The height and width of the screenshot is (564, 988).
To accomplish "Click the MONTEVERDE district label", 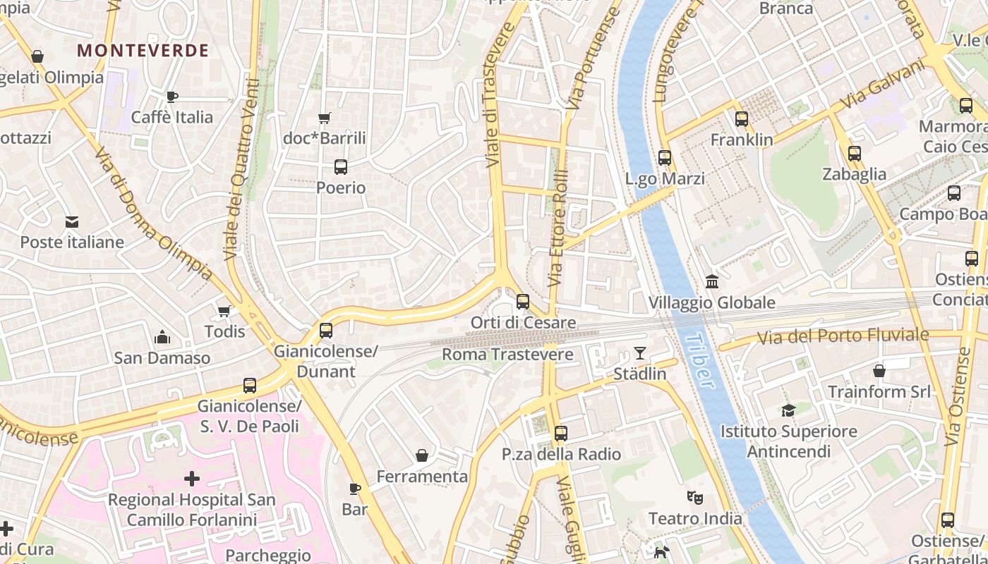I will (143, 51).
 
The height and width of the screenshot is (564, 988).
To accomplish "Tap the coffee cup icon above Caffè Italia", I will (171, 97).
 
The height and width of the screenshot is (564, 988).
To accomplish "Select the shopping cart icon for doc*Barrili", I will (325, 118).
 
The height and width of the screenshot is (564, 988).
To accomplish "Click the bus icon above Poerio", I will (341, 167).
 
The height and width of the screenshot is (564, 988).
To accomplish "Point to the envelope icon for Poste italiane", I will (72, 222).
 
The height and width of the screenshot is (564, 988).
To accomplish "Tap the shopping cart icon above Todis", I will (224, 311).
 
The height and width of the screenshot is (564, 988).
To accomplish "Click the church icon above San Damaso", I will (162, 337).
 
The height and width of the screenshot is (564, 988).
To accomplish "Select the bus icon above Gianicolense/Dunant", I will (326, 330).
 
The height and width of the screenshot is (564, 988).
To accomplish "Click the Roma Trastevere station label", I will (507, 354).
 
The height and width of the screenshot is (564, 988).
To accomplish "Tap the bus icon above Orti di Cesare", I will (523, 302).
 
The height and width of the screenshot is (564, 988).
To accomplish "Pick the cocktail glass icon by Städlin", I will (640, 353).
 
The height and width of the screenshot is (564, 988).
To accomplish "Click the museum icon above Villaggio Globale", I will (712, 282).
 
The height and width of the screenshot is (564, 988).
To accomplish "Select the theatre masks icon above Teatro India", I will (695, 498).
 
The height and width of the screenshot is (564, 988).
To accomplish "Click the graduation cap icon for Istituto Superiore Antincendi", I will (788, 410).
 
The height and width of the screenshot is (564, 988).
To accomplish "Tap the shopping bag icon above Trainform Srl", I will (879, 370).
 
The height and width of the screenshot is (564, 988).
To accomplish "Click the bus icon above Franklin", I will (742, 119).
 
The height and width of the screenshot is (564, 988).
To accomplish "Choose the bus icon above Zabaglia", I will (855, 154).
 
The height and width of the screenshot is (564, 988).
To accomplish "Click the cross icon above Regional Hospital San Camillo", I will (191, 479).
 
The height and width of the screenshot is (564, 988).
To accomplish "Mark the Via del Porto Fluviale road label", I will (843, 336).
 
